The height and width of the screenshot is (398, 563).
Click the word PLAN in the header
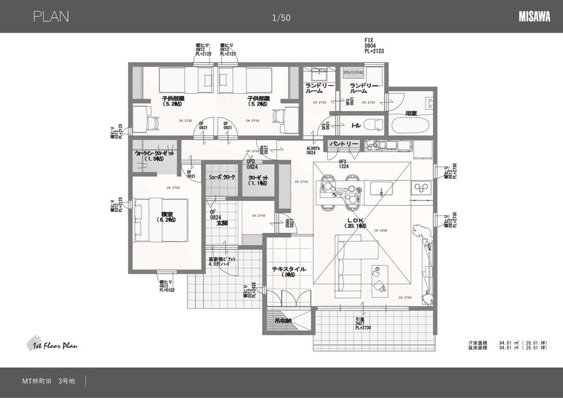point(51,17)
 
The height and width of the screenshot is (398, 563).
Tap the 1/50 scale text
point(281,18)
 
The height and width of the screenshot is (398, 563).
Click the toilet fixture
point(372,124)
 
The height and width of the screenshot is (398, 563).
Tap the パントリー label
point(344,144)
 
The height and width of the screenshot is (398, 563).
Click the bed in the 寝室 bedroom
point(159,219)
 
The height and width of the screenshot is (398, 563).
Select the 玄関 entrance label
point(222,223)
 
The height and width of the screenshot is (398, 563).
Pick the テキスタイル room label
point(289,269)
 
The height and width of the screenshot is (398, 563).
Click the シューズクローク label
point(222,177)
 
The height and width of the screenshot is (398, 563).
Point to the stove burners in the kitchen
point(420,187)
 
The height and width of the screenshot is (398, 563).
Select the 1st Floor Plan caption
point(52,345)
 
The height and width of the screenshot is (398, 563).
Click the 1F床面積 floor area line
point(506,342)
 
